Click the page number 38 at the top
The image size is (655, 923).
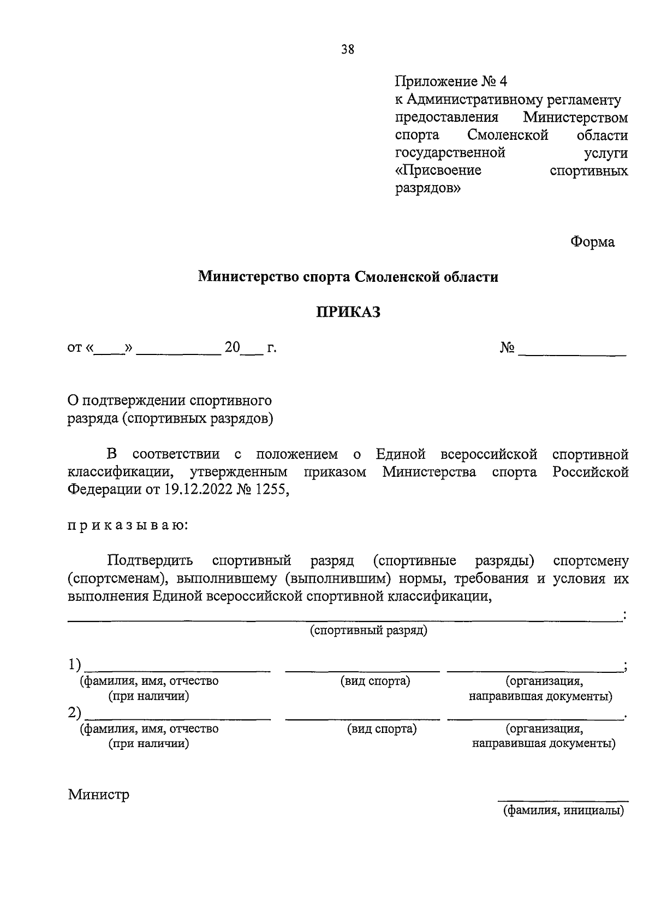(x=348, y=50)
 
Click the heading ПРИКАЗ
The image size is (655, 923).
(x=348, y=312)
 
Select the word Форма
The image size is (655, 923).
(x=592, y=242)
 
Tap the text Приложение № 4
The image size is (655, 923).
(x=451, y=82)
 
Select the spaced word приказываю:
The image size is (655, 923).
(x=128, y=525)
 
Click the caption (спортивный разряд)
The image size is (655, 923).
(x=368, y=630)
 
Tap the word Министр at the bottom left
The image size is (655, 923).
(x=99, y=794)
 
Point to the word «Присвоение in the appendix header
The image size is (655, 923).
(x=438, y=170)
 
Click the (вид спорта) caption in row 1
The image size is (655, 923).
(x=375, y=681)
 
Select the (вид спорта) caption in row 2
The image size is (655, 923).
(x=382, y=729)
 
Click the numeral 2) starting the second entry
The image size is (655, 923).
(x=75, y=713)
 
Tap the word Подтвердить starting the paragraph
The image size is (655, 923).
(x=150, y=561)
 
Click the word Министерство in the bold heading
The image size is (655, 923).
(x=247, y=277)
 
